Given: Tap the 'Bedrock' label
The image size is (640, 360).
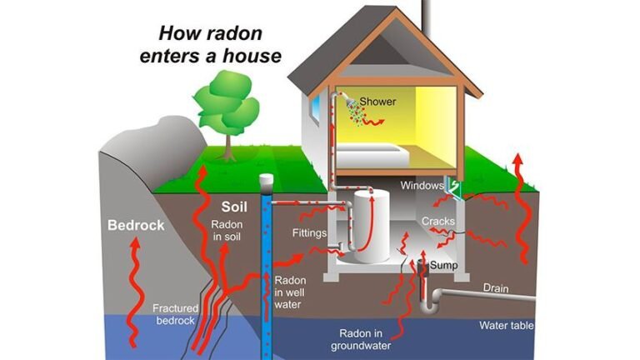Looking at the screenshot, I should click(x=136, y=225).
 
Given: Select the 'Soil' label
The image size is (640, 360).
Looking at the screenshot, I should click(x=235, y=206).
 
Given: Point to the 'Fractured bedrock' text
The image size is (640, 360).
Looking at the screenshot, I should click(x=175, y=314).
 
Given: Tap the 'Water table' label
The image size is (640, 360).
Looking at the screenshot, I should click(x=506, y=325).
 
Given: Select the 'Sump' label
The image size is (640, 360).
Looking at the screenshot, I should click(x=444, y=264).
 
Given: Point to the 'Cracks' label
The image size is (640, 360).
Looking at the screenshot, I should click(x=438, y=221).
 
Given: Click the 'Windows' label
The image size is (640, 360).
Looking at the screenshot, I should click(x=420, y=184).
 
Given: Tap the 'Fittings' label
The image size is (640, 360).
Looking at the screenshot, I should click(x=309, y=232).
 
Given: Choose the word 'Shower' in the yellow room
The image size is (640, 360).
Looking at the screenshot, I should click(x=377, y=102).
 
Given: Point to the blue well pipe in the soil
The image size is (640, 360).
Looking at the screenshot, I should click(x=267, y=267).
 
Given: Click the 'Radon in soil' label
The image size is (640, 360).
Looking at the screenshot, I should click(x=227, y=231).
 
